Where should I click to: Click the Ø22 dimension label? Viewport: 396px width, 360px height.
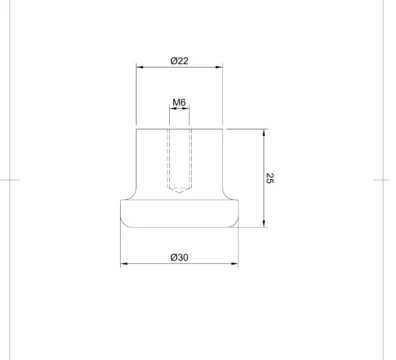pyautogui.click(x=179, y=61)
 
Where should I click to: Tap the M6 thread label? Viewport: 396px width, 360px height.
pyautogui.click(x=179, y=102)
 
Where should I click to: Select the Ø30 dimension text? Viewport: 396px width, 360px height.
pyautogui.click(x=179, y=257)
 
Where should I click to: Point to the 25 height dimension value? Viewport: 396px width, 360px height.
pyautogui.click(x=270, y=178)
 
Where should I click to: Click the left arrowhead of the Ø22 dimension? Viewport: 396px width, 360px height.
pyautogui.click(x=140, y=67)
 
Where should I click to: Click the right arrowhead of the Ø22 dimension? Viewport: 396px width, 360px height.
pyautogui.click(x=219, y=67)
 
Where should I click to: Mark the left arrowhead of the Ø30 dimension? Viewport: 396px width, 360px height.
pyautogui.click(x=124, y=264)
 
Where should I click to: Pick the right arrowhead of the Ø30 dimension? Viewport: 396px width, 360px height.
pyautogui.click(x=235, y=264)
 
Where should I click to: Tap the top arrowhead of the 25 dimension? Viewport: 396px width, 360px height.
pyautogui.click(x=264, y=133)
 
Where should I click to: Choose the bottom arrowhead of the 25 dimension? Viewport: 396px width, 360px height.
pyautogui.click(x=264, y=224)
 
